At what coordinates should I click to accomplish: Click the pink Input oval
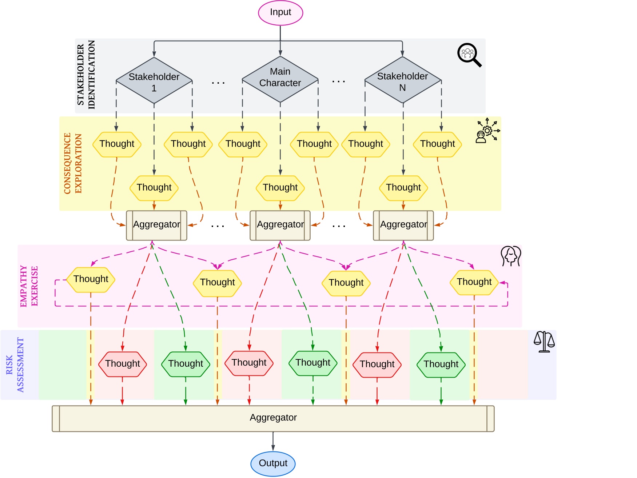click(x=280, y=13)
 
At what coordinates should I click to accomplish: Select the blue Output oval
click(x=273, y=463)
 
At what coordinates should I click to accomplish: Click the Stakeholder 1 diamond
click(x=154, y=80)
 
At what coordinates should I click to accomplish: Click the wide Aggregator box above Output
click(x=273, y=418)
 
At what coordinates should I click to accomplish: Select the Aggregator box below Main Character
click(x=280, y=225)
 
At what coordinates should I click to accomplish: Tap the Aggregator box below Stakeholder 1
click(x=156, y=225)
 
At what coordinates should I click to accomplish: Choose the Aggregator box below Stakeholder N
click(x=403, y=225)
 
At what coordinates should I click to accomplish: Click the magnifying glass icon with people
click(x=469, y=55)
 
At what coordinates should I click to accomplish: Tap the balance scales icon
click(x=544, y=342)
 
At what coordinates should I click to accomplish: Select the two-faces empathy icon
click(x=511, y=256)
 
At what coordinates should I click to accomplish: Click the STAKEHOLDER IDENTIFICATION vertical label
click(x=86, y=75)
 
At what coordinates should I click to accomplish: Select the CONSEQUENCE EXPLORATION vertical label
click(x=73, y=163)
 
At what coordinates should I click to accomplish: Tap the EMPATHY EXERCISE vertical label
click(x=29, y=286)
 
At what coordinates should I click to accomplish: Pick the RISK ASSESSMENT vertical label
click(x=15, y=365)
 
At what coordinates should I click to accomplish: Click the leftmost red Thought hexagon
click(x=123, y=364)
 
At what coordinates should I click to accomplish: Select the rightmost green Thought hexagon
click(x=441, y=365)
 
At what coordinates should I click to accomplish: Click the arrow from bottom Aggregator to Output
click(x=273, y=441)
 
